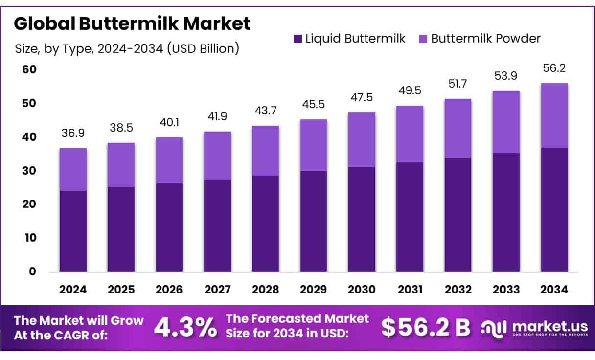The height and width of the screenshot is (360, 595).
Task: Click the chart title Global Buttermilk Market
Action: coord(132,23)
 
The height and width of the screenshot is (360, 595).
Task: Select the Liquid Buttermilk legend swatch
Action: coord(297,39)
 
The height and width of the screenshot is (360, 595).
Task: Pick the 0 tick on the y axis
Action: coord(32,271)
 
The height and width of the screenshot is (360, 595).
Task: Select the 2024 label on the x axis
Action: coord(73,290)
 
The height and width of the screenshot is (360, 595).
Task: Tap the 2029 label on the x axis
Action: coord(314,290)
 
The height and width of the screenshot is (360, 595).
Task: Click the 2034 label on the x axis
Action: coord(554,290)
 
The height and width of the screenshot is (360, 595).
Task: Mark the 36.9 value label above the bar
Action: coord(73,133)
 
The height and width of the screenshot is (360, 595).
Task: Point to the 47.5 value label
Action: coord(362,97)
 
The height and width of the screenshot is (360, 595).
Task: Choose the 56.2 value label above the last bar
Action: coord(554,68)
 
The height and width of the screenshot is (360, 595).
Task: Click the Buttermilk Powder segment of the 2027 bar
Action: coord(217,156)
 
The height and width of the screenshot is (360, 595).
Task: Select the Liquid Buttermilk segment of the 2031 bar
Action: coord(410,217)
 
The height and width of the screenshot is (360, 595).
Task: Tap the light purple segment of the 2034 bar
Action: coord(554,115)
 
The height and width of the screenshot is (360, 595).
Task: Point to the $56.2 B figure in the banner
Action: coord(426,328)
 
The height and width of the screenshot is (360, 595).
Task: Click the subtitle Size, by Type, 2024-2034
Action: coord(127,48)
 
